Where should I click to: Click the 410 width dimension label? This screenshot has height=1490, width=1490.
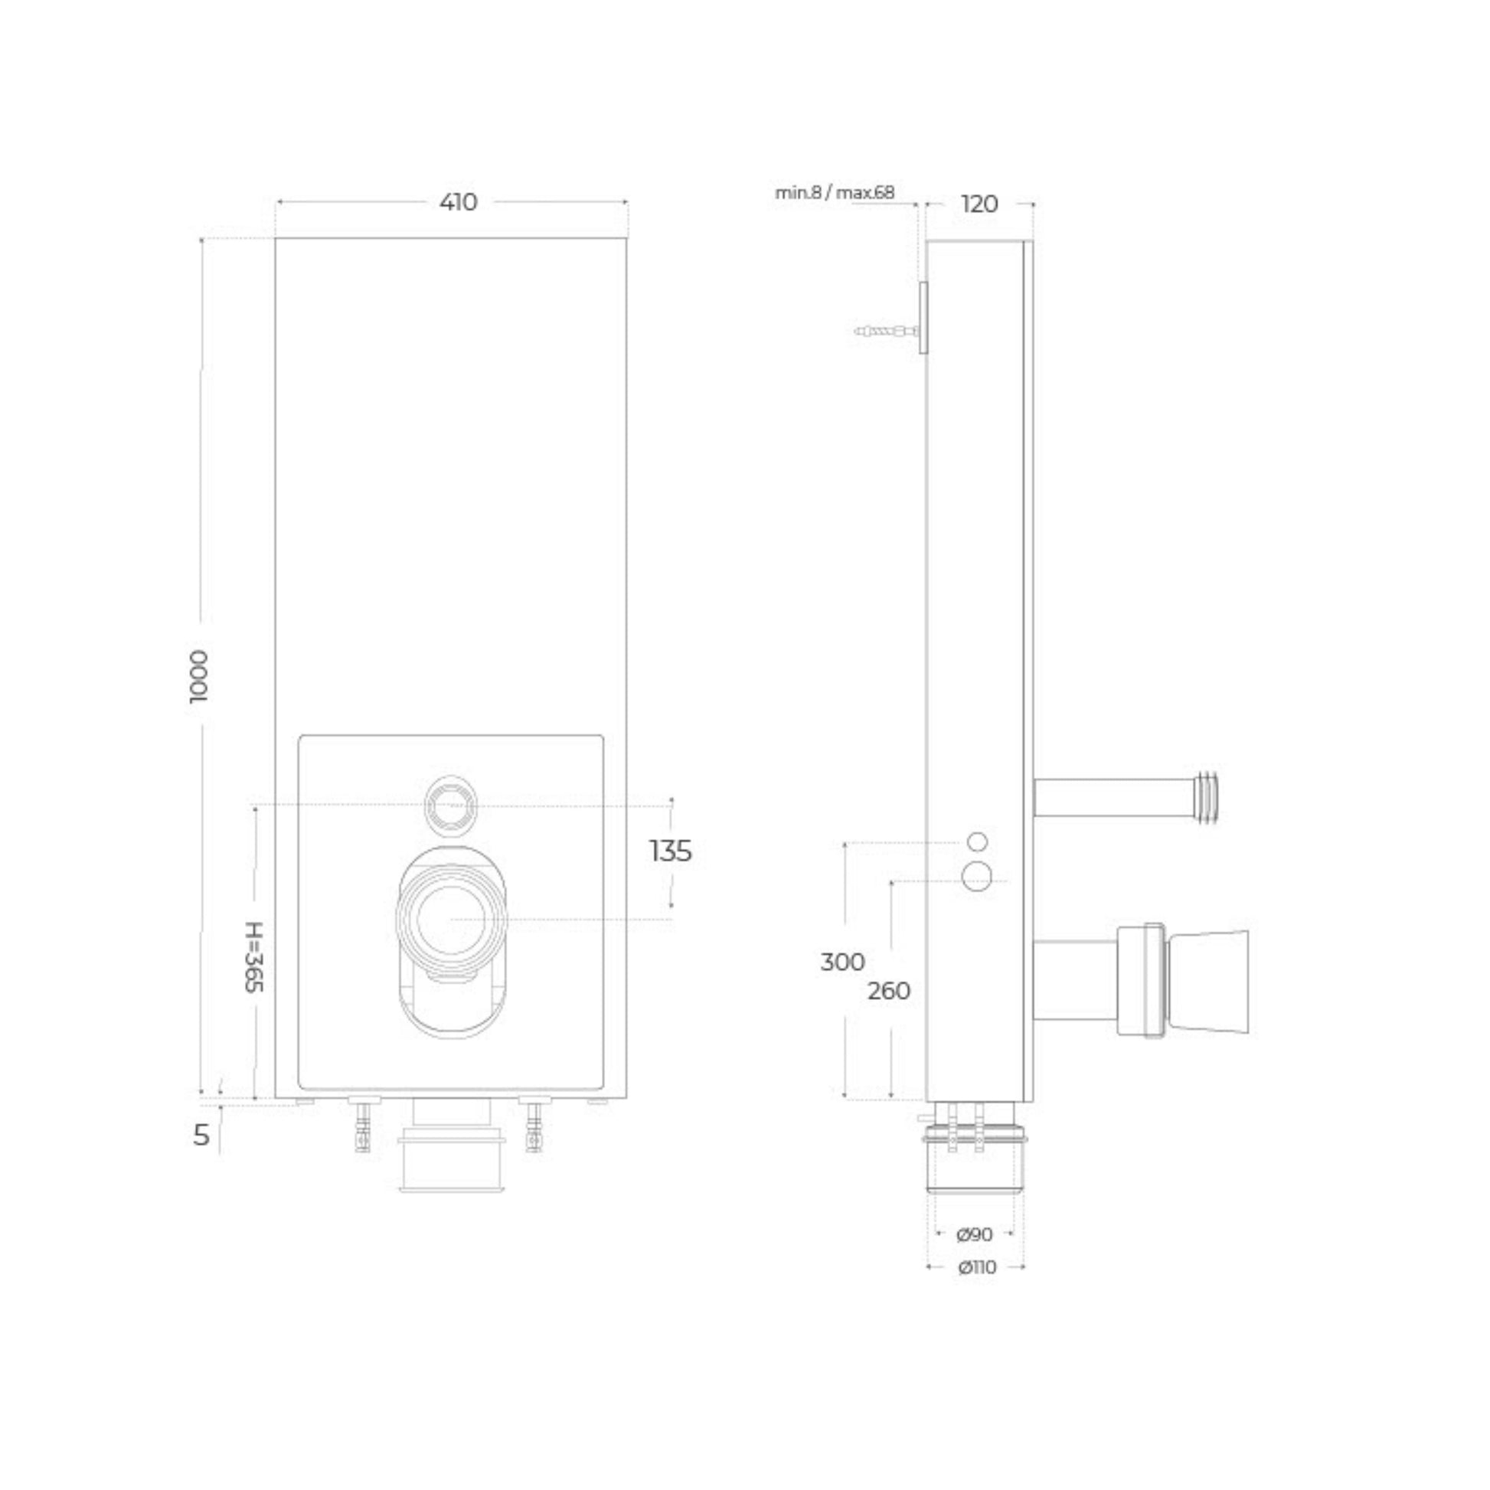(458, 203)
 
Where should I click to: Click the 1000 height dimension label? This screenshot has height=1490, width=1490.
(199, 675)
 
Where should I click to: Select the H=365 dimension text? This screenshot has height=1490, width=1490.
(254, 957)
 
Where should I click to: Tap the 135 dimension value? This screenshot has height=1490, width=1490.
(670, 851)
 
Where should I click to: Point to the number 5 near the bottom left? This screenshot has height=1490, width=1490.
(201, 1135)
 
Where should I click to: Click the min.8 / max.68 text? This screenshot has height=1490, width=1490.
(835, 193)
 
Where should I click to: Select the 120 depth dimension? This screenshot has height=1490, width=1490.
(979, 204)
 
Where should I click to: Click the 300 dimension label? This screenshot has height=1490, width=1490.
(841, 962)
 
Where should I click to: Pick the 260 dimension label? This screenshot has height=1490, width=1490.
(888, 991)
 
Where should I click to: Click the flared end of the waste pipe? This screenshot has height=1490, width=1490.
(1206, 982)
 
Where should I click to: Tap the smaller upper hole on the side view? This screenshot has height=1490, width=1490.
(976, 841)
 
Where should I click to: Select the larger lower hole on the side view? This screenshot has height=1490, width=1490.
(977, 877)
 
